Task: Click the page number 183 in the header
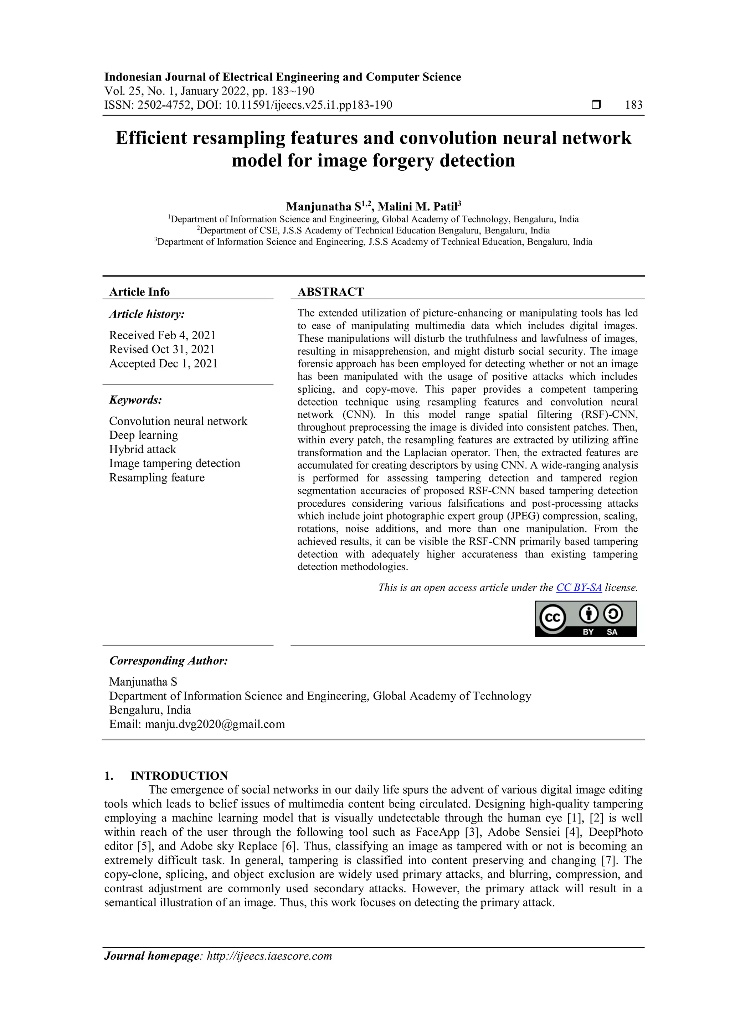click(633, 105)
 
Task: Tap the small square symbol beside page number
click(596, 105)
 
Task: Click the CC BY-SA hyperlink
click(579, 588)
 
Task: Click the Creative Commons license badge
click(585, 619)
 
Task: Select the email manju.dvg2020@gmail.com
click(215, 724)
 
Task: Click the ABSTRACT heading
click(330, 292)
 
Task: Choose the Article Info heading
click(139, 292)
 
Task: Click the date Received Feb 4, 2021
click(162, 335)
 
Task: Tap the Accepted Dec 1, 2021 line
click(163, 363)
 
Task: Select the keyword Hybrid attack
click(143, 449)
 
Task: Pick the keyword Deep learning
click(143, 435)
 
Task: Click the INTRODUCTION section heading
click(179, 776)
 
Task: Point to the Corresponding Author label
click(169, 661)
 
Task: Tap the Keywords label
click(135, 400)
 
